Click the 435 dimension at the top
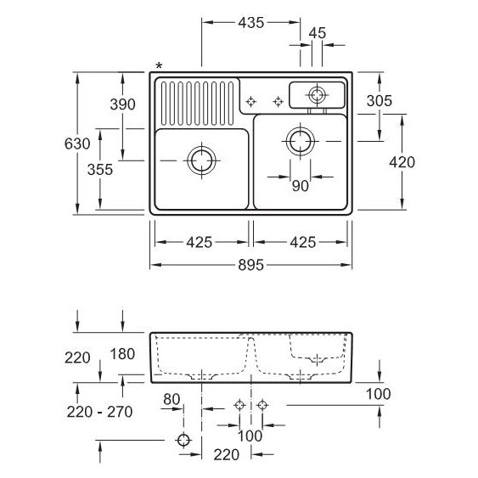pyautogui.click(x=251, y=23)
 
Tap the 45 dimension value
pyautogui.click(x=318, y=33)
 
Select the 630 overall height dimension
pyautogui.click(x=77, y=143)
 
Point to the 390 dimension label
pyautogui.click(x=122, y=104)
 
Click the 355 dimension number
pyautogui.click(x=100, y=170)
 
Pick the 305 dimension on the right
pyautogui.click(x=380, y=101)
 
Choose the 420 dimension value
pyautogui.click(x=402, y=162)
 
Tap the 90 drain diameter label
pyautogui.click(x=301, y=186)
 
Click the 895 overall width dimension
pyautogui.click(x=251, y=265)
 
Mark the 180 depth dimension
pyautogui.click(x=122, y=354)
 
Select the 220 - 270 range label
pyautogui.click(x=99, y=412)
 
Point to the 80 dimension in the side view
pyautogui.click(x=172, y=399)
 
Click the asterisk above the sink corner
pyautogui.click(x=159, y=65)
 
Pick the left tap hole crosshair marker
pyautogui.click(x=250, y=102)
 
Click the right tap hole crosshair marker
pyautogui.click(x=278, y=102)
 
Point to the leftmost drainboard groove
pyautogui.click(x=164, y=104)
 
